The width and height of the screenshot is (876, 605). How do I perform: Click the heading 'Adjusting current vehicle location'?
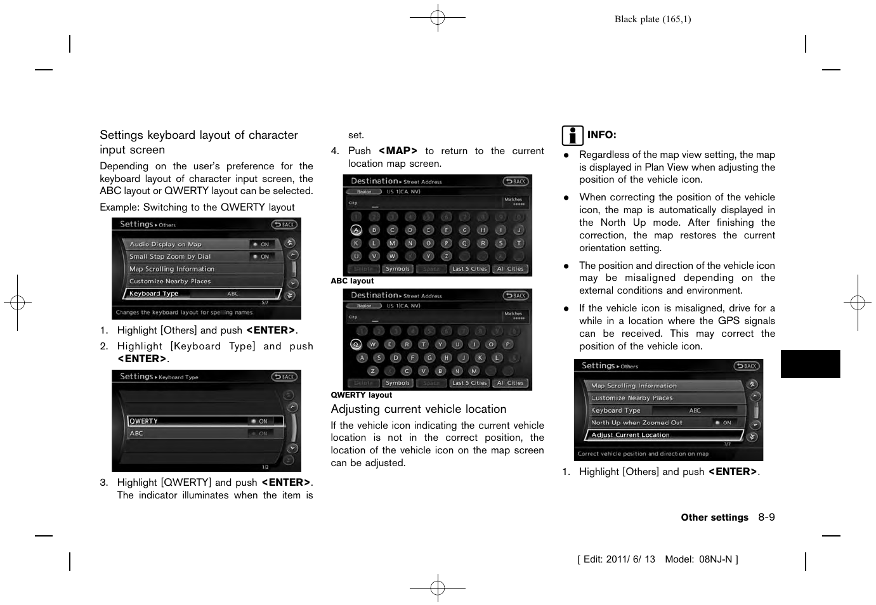click(x=418, y=409)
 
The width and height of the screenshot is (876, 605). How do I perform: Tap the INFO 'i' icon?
click(x=572, y=135)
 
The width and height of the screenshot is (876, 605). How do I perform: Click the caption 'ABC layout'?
click(x=352, y=281)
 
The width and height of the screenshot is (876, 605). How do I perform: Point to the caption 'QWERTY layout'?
click(x=361, y=395)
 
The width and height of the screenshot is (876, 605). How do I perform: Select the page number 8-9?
click(x=766, y=517)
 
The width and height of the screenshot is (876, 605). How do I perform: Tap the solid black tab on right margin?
click(x=810, y=364)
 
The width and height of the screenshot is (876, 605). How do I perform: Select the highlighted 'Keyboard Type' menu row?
click(x=201, y=294)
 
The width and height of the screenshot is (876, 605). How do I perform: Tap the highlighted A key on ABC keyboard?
click(x=356, y=230)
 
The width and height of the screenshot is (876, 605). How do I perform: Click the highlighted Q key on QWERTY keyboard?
click(x=356, y=344)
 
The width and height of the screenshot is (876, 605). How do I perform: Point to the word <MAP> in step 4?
click(x=398, y=151)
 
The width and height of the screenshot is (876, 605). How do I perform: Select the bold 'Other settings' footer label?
click(x=714, y=517)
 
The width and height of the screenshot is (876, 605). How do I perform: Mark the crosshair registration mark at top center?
click(x=438, y=18)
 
